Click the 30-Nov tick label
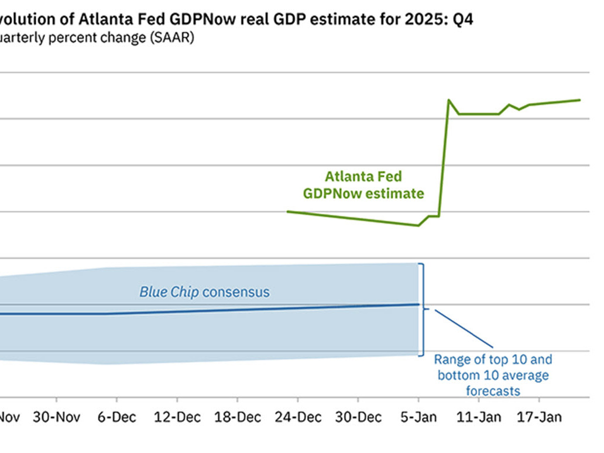click(56, 417)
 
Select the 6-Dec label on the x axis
click(116, 417)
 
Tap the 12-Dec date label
click(177, 417)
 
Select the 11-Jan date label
click(478, 417)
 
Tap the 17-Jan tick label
click(538, 417)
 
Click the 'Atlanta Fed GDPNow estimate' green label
click(363, 184)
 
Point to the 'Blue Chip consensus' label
click(204, 291)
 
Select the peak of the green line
click(448, 100)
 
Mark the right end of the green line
click(580, 100)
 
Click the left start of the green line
click(288, 211)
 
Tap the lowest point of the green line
click(418, 225)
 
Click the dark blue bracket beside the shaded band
click(423, 309)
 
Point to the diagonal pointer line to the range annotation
click(464, 328)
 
